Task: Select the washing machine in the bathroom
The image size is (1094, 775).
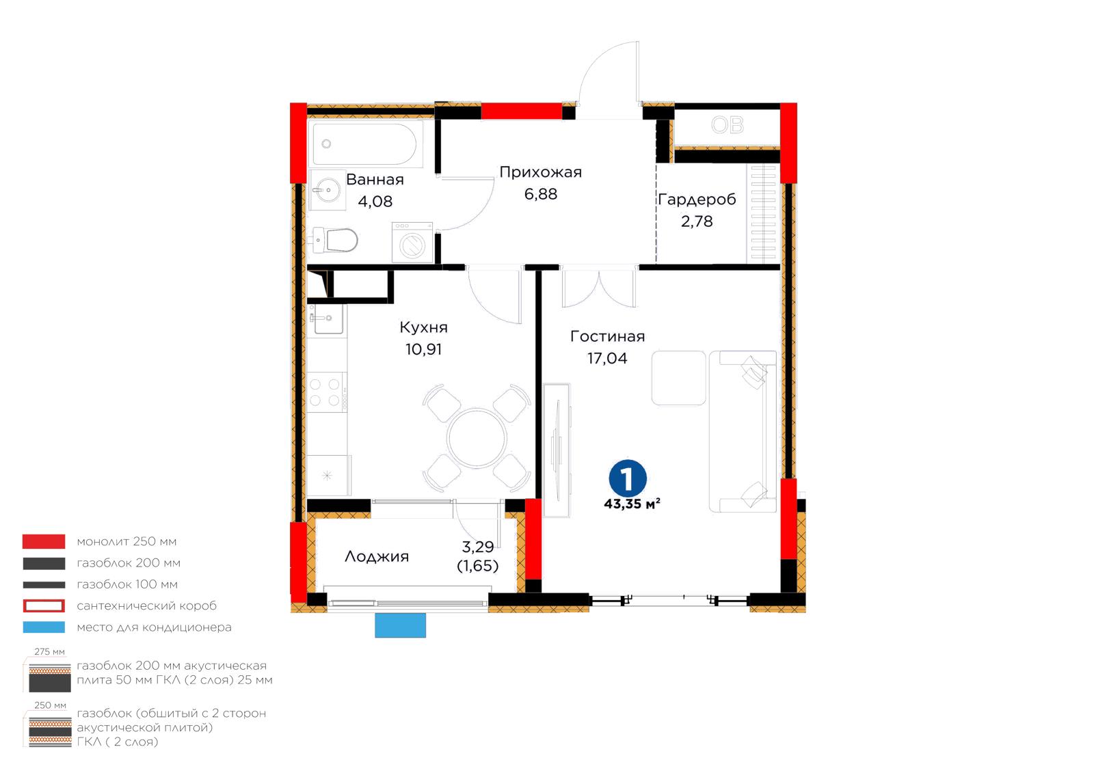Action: coord(413,243)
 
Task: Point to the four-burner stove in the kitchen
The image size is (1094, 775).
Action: coord(327,392)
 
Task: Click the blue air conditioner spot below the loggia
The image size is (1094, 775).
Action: coord(401,625)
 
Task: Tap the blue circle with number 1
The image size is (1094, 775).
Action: coord(628,479)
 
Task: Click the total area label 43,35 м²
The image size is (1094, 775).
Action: coord(632,504)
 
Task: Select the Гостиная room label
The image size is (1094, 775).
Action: coord(608,337)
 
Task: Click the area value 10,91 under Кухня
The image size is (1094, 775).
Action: coord(423,349)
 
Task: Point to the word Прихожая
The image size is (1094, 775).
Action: coord(541,172)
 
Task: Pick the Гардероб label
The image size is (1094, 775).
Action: coord(697,200)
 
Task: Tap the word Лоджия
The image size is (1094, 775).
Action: coord(377,557)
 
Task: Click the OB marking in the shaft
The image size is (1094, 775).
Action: coord(728,126)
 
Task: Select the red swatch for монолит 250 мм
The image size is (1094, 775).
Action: coord(44,541)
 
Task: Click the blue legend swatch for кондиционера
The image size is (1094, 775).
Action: coord(44,627)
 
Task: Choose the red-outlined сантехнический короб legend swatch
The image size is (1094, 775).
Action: coord(44,606)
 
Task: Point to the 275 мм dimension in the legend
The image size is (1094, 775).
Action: coord(49,652)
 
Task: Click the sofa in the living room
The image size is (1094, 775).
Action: coord(743,431)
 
